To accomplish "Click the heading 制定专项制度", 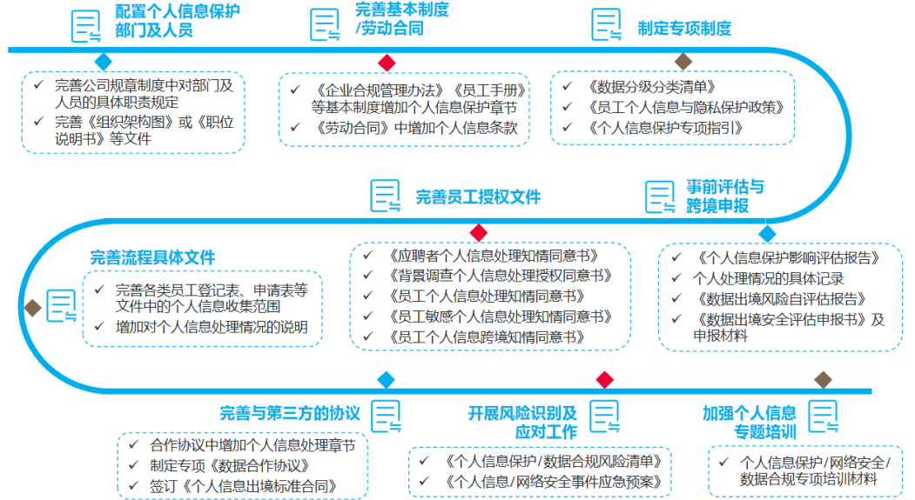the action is click(x=684, y=28).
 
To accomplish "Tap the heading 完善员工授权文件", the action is click(x=478, y=197).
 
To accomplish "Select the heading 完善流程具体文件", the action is click(x=152, y=257).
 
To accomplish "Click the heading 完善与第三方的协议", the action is click(x=289, y=413).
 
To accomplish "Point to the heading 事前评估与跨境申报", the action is click(x=724, y=197).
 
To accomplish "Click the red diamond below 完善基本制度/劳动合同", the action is click(x=387, y=63).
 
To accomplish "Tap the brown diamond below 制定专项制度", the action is click(x=683, y=61).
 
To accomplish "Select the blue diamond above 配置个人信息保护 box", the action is click(x=104, y=61).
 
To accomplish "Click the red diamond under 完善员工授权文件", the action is click(x=479, y=232).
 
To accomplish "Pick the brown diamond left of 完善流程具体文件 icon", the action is click(x=33, y=308).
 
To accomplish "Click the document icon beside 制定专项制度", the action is click(x=607, y=24).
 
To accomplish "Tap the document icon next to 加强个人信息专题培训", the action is click(x=824, y=416).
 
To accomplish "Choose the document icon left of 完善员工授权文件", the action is click(x=386, y=196).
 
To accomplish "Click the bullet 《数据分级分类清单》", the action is click(x=651, y=87).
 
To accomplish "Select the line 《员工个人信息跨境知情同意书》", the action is click(x=487, y=337).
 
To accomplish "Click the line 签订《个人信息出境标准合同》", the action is click(x=244, y=486).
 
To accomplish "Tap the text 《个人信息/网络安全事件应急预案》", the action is click(x=553, y=482).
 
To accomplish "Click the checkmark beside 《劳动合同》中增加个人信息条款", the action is click(x=295, y=126).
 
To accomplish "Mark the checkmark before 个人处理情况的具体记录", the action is click(x=676, y=277).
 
